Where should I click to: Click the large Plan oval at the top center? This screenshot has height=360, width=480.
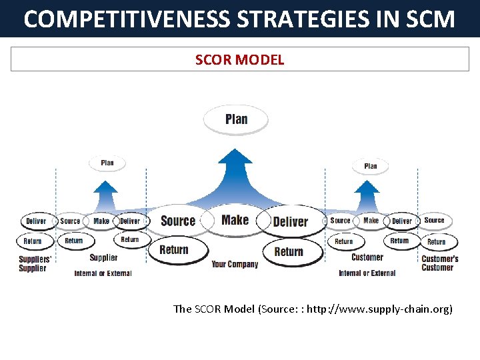(236, 120)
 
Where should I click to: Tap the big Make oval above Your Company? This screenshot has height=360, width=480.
(235, 220)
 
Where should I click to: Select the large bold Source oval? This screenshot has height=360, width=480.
(178, 221)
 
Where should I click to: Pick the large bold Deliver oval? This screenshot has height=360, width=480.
(291, 222)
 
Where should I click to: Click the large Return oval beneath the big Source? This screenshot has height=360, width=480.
(173, 250)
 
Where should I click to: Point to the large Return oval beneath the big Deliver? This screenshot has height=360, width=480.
(289, 251)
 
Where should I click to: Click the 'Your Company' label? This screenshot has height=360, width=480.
(235, 265)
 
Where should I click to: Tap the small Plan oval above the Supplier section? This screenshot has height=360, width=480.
(107, 163)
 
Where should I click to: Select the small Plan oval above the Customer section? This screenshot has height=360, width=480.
(371, 166)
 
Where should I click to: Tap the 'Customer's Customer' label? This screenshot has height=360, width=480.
(439, 263)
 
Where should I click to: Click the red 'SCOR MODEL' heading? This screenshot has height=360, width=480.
(239, 60)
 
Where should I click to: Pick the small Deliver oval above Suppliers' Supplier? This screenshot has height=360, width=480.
(36, 221)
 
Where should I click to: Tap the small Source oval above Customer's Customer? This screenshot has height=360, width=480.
(434, 220)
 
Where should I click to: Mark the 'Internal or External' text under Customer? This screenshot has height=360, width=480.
(367, 273)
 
